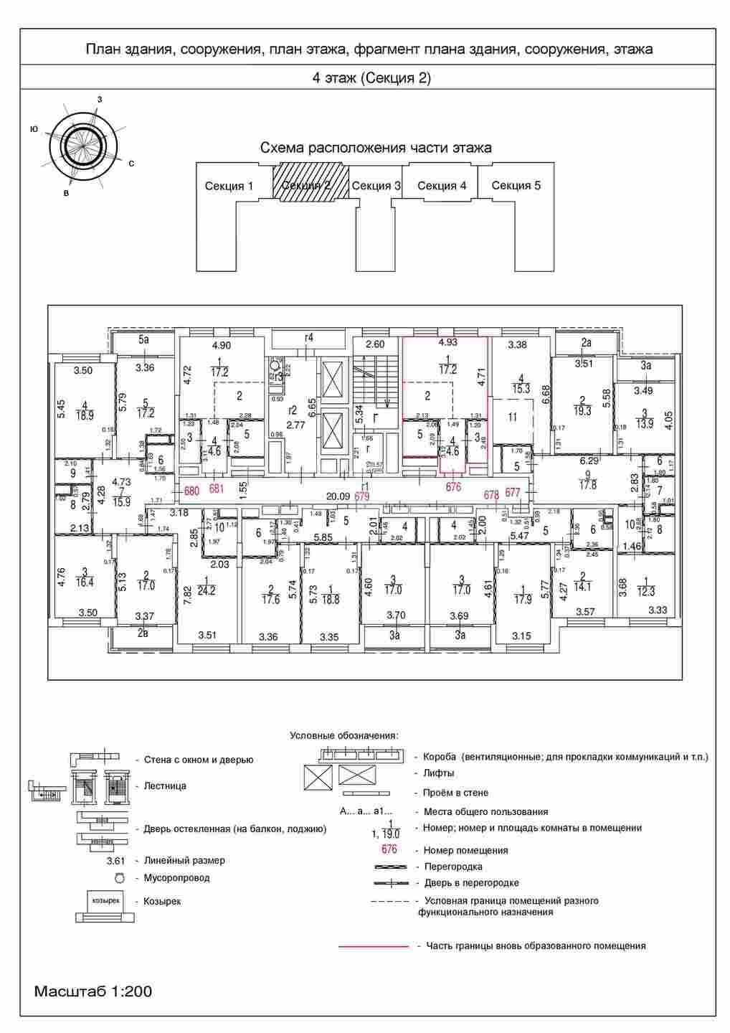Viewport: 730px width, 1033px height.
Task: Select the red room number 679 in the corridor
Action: [x=362, y=496]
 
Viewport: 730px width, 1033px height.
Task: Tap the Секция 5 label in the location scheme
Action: [x=516, y=186]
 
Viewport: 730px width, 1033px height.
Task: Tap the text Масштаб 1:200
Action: [x=93, y=992]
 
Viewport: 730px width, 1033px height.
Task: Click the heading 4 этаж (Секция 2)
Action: [x=371, y=78]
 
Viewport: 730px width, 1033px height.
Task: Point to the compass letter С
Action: [x=131, y=164]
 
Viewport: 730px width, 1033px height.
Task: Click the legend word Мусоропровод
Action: [x=176, y=877]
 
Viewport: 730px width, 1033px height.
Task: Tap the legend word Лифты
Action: [x=439, y=773]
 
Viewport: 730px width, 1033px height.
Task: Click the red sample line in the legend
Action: [x=374, y=946]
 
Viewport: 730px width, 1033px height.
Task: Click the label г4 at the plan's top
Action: [x=310, y=337]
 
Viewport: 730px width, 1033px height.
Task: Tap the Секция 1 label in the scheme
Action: [x=229, y=187]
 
